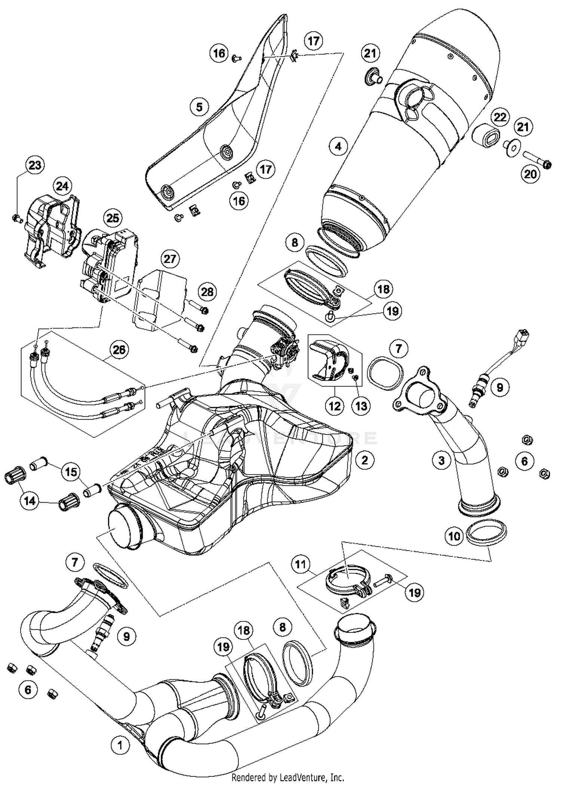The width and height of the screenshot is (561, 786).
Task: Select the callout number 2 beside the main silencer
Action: click(x=365, y=460)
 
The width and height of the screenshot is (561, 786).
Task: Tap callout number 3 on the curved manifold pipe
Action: click(x=441, y=460)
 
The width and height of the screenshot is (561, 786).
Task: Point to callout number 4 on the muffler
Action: click(x=338, y=146)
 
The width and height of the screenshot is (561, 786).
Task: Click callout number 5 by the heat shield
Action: click(x=199, y=107)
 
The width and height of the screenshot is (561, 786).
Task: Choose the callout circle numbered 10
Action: click(x=454, y=537)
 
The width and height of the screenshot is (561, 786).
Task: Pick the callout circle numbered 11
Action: click(x=300, y=564)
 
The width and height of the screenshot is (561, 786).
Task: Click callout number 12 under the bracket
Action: click(x=334, y=406)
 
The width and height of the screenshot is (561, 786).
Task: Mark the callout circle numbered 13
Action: click(x=361, y=406)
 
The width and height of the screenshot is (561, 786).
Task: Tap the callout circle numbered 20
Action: click(x=530, y=174)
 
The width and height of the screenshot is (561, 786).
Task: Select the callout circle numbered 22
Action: click(x=500, y=117)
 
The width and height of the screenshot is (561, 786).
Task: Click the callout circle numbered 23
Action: click(x=35, y=165)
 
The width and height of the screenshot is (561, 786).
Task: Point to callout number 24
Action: click(x=62, y=186)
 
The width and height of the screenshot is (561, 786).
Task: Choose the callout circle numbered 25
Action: click(x=113, y=218)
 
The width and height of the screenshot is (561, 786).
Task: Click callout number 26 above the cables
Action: click(x=119, y=350)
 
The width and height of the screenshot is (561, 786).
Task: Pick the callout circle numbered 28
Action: click(x=207, y=292)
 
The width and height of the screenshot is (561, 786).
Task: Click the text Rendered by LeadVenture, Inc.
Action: click(x=288, y=778)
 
